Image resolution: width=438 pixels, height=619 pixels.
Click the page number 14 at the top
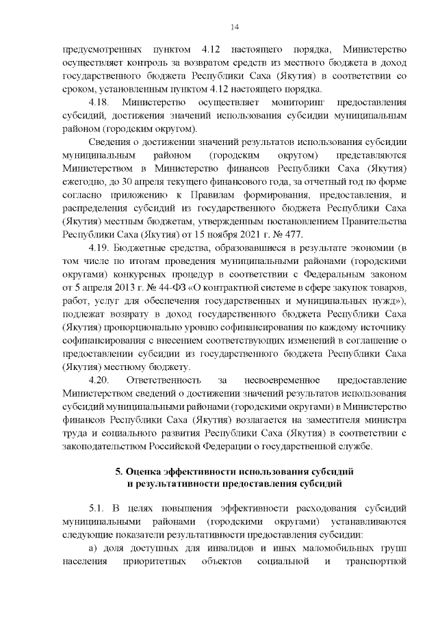(234, 27)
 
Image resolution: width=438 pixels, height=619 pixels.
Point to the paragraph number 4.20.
(100, 379)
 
